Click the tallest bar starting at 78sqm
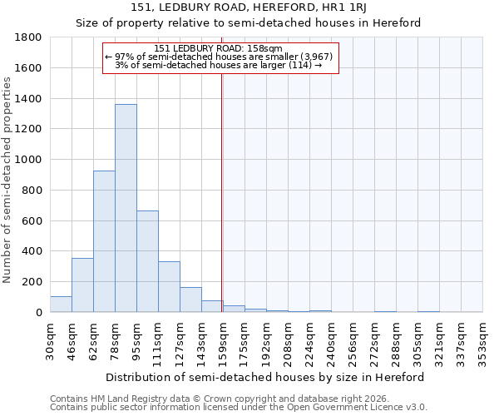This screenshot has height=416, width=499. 126,208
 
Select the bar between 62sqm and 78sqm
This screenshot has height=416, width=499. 104,241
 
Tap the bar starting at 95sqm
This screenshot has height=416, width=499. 147,261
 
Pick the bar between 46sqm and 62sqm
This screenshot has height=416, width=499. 82,285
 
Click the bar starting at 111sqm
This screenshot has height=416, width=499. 169,287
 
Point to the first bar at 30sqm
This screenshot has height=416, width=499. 61,305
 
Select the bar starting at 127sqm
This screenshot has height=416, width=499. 190,300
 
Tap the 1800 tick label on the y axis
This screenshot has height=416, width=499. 29,37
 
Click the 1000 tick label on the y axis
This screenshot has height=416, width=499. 29,160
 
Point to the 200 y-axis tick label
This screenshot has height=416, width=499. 33,282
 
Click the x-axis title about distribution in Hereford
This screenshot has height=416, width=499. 265,377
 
